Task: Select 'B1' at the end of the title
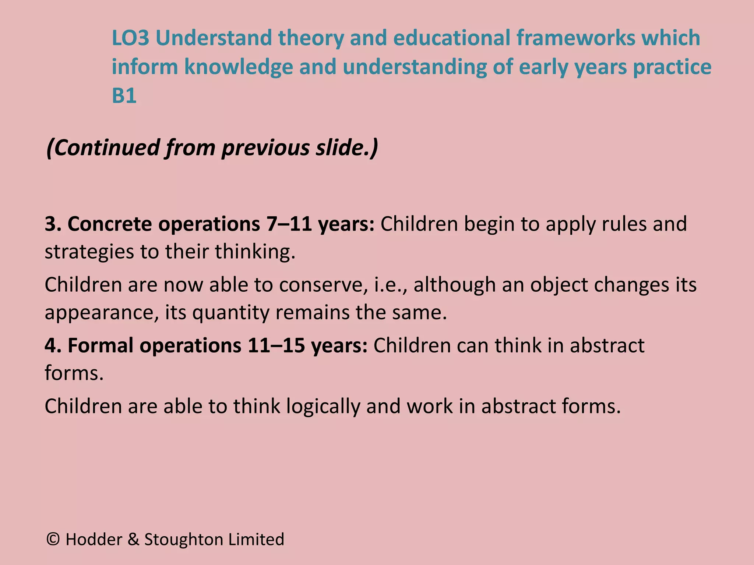124,96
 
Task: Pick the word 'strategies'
89,252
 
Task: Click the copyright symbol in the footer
53,539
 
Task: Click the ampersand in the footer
134,540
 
